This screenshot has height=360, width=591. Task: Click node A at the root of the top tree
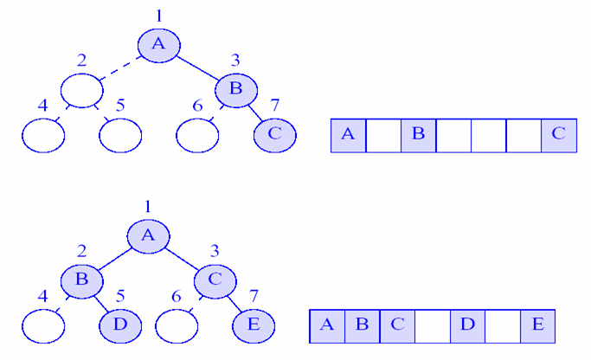tap(158, 46)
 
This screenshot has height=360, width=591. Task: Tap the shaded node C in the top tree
tap(275, 135)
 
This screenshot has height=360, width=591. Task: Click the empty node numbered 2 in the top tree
tap(82, 90)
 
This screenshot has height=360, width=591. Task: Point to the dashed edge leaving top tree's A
tap(121, 68)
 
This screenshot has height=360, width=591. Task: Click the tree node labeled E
tap(253, 325)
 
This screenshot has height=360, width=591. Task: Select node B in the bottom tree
tap(81, 280)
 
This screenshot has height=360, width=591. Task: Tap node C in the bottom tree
tap(215, 280)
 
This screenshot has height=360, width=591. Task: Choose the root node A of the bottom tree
tap(148, 235)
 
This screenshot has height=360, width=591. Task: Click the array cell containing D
tap(467, 325)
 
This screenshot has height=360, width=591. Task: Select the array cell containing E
tap(537, 325)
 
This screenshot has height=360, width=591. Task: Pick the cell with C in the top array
tap(558, 136)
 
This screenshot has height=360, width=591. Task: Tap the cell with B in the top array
tap(418, 136)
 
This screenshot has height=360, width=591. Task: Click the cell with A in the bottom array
tap(327, 325)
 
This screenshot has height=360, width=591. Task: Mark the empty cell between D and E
tap(502, 325)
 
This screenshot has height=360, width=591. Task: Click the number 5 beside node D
tap(120, 297)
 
